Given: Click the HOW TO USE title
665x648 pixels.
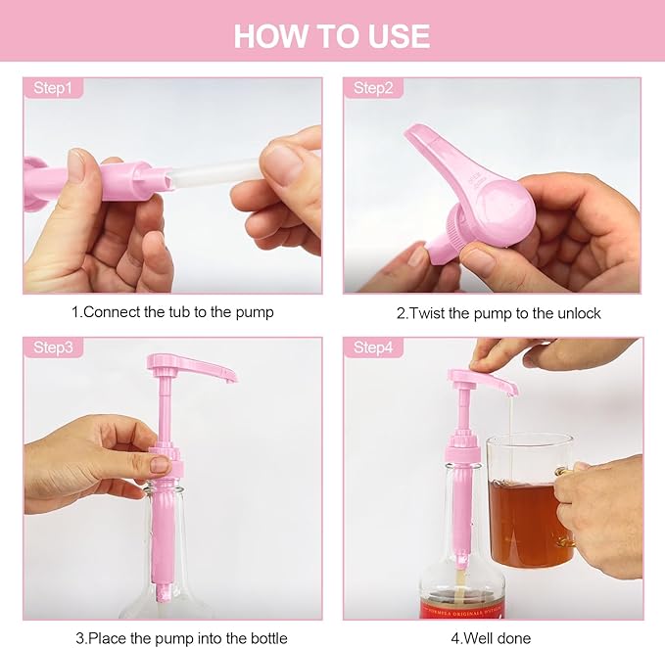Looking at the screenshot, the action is pyautogui.click(x=332, y=35).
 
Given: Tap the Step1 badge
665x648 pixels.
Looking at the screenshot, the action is pyautogui.click(x=53, y=88).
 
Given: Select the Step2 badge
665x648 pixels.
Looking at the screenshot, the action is pyautogui.click(x=373, y=88).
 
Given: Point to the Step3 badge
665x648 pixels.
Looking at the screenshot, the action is pyautogui.click(x=53, y=347).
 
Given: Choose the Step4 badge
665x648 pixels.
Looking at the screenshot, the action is pyautogui.click(x=373, y=347).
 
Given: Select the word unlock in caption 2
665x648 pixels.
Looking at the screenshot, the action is pyautogui.click(x=579, y=313).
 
